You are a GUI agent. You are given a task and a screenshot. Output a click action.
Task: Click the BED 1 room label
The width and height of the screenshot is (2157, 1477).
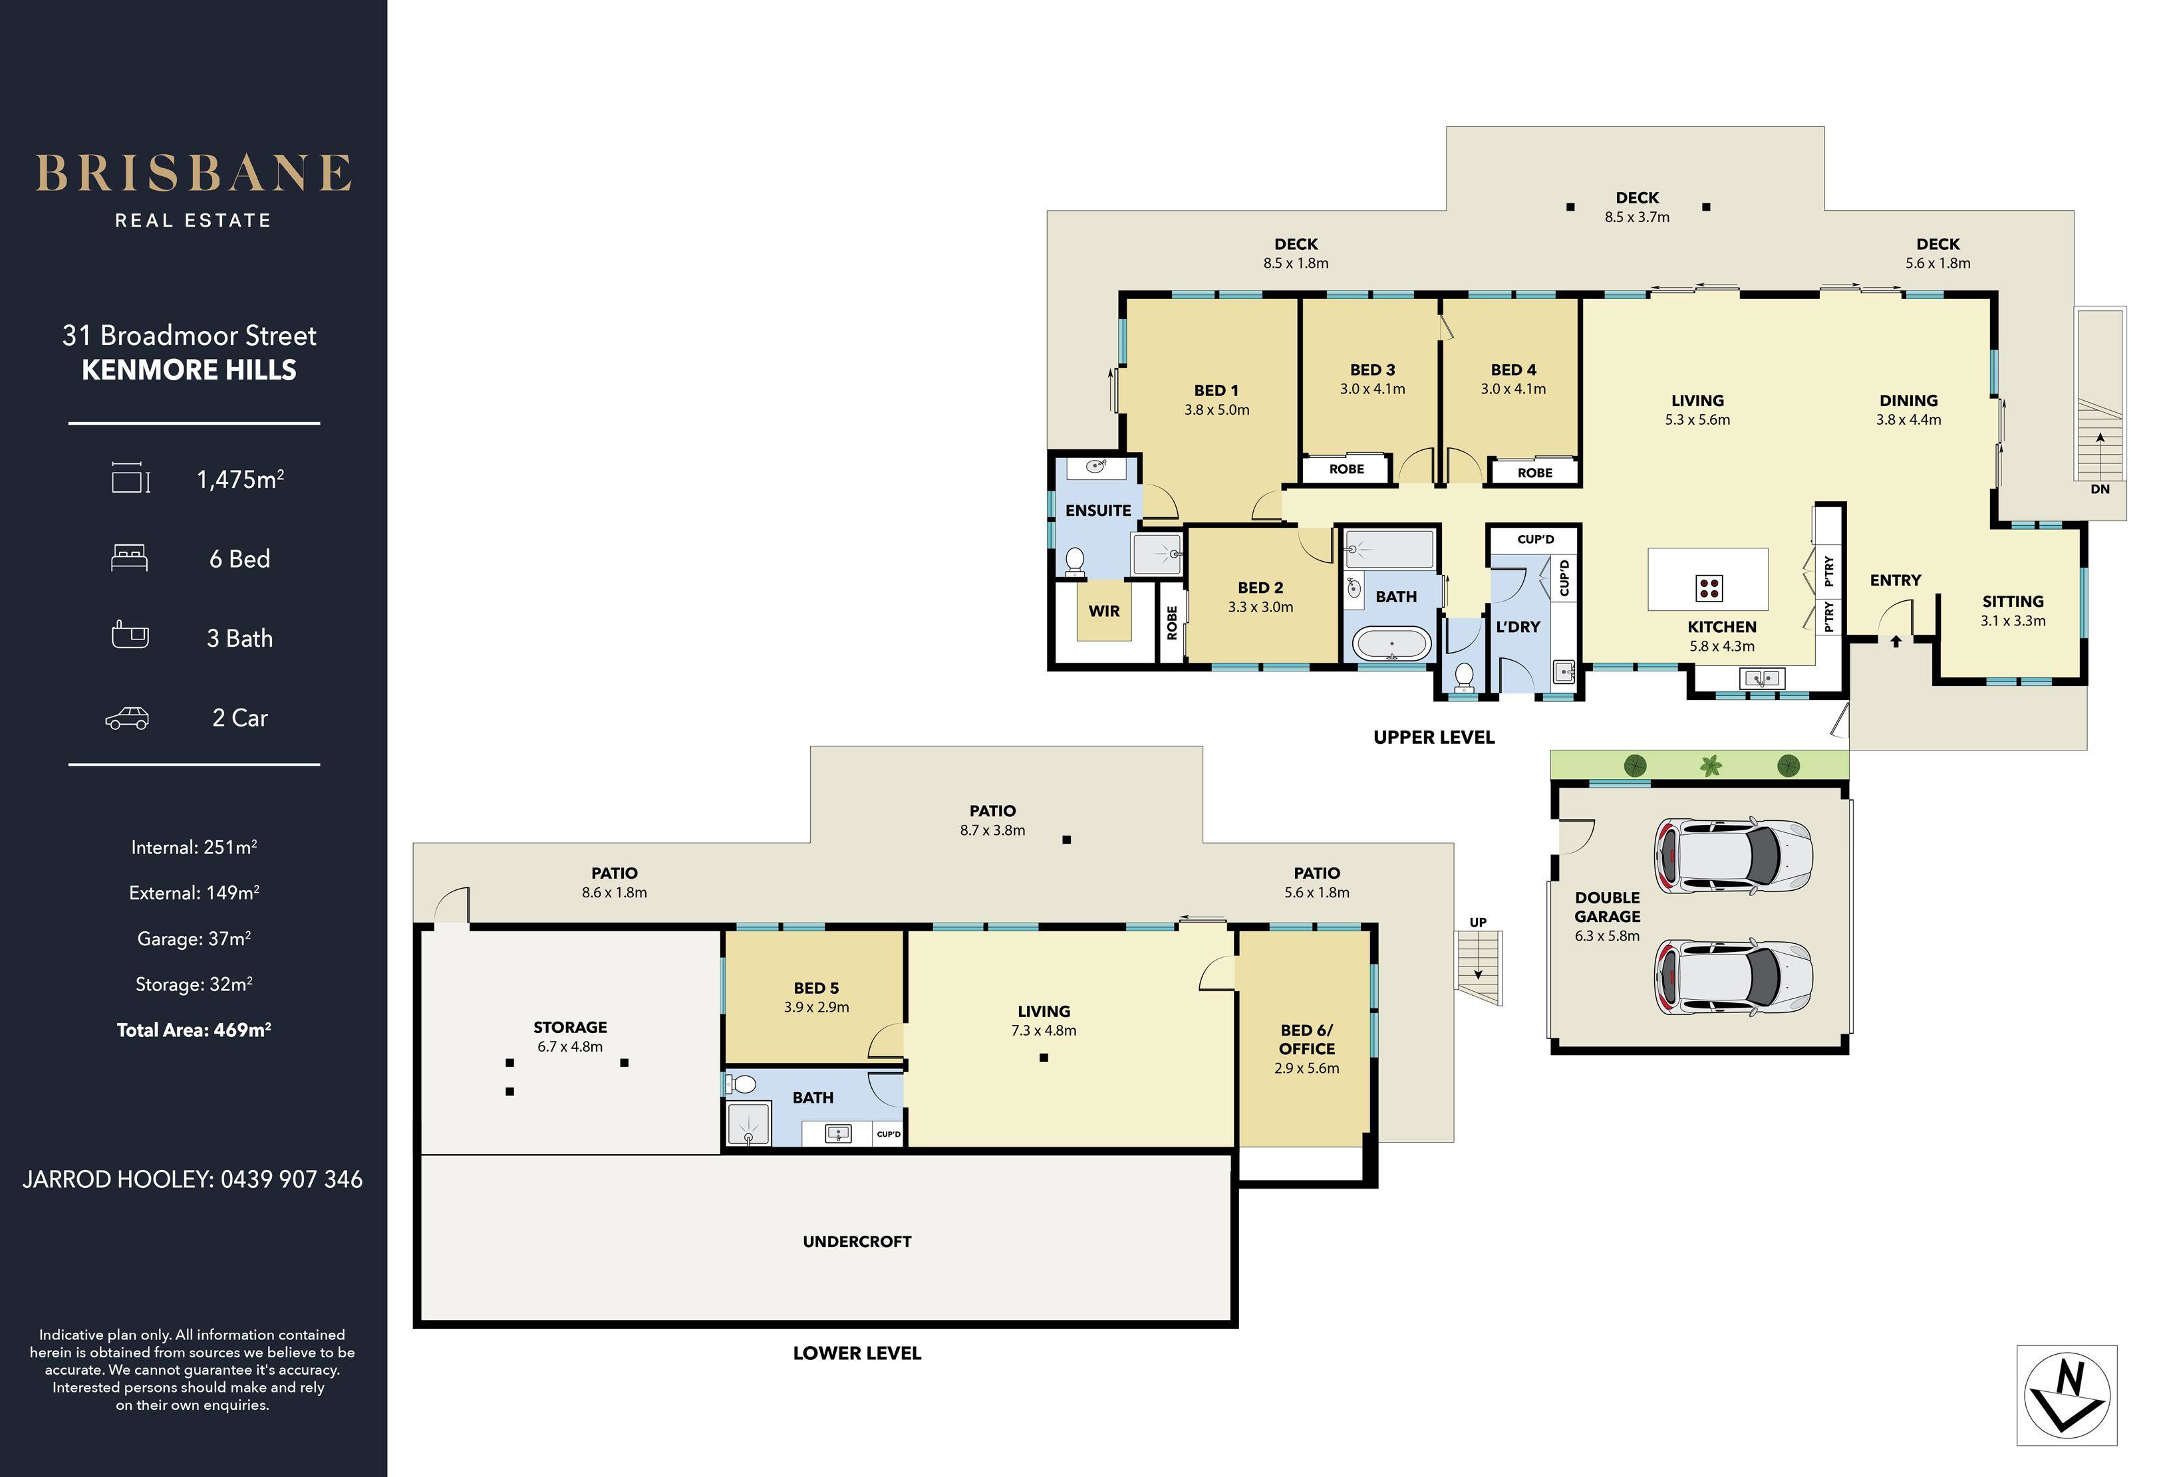coord(1216,391)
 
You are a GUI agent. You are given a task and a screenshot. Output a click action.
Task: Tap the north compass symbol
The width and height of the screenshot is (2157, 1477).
coord(2067,1395)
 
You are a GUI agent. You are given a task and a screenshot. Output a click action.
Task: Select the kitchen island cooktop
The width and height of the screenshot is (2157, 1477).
coord(1709,587)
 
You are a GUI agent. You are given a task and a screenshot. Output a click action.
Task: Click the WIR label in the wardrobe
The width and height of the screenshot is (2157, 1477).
coord(1103,610)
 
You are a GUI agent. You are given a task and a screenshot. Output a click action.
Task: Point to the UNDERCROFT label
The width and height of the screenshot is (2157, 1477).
coord(857,1241)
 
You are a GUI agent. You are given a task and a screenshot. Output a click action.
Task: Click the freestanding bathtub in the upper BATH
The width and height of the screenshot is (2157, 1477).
coord(1391,644)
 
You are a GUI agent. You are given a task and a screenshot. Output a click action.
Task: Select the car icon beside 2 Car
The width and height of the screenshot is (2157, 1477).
coord(127,718)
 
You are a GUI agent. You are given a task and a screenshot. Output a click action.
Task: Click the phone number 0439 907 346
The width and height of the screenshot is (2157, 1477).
coord(291,1179)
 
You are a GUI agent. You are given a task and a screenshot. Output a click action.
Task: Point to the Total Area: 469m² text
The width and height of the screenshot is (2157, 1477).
coord(194,1029)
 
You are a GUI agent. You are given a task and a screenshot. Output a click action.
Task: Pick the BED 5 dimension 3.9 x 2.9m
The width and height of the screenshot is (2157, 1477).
coord(816,1006)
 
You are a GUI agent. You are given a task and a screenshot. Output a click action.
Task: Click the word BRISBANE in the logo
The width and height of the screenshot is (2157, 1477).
coord(194,173)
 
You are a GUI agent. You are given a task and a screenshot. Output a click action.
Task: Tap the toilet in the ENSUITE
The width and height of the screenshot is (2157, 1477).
coord(1075,561)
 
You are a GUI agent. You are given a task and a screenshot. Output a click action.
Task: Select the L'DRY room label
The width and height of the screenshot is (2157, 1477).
coord(1518,627)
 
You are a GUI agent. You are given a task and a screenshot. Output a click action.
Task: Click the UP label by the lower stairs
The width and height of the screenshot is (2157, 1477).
coord(1478,922)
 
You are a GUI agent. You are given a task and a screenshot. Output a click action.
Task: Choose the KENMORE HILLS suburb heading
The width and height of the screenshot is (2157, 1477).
coord(190,370)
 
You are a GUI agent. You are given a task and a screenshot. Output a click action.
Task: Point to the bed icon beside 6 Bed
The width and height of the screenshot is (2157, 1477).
coord(129,558)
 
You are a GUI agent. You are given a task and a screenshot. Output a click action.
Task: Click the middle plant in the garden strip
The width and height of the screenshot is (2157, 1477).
coord(1711,765)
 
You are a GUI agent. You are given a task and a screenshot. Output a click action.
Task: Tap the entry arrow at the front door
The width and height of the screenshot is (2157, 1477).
coord(1895,640)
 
